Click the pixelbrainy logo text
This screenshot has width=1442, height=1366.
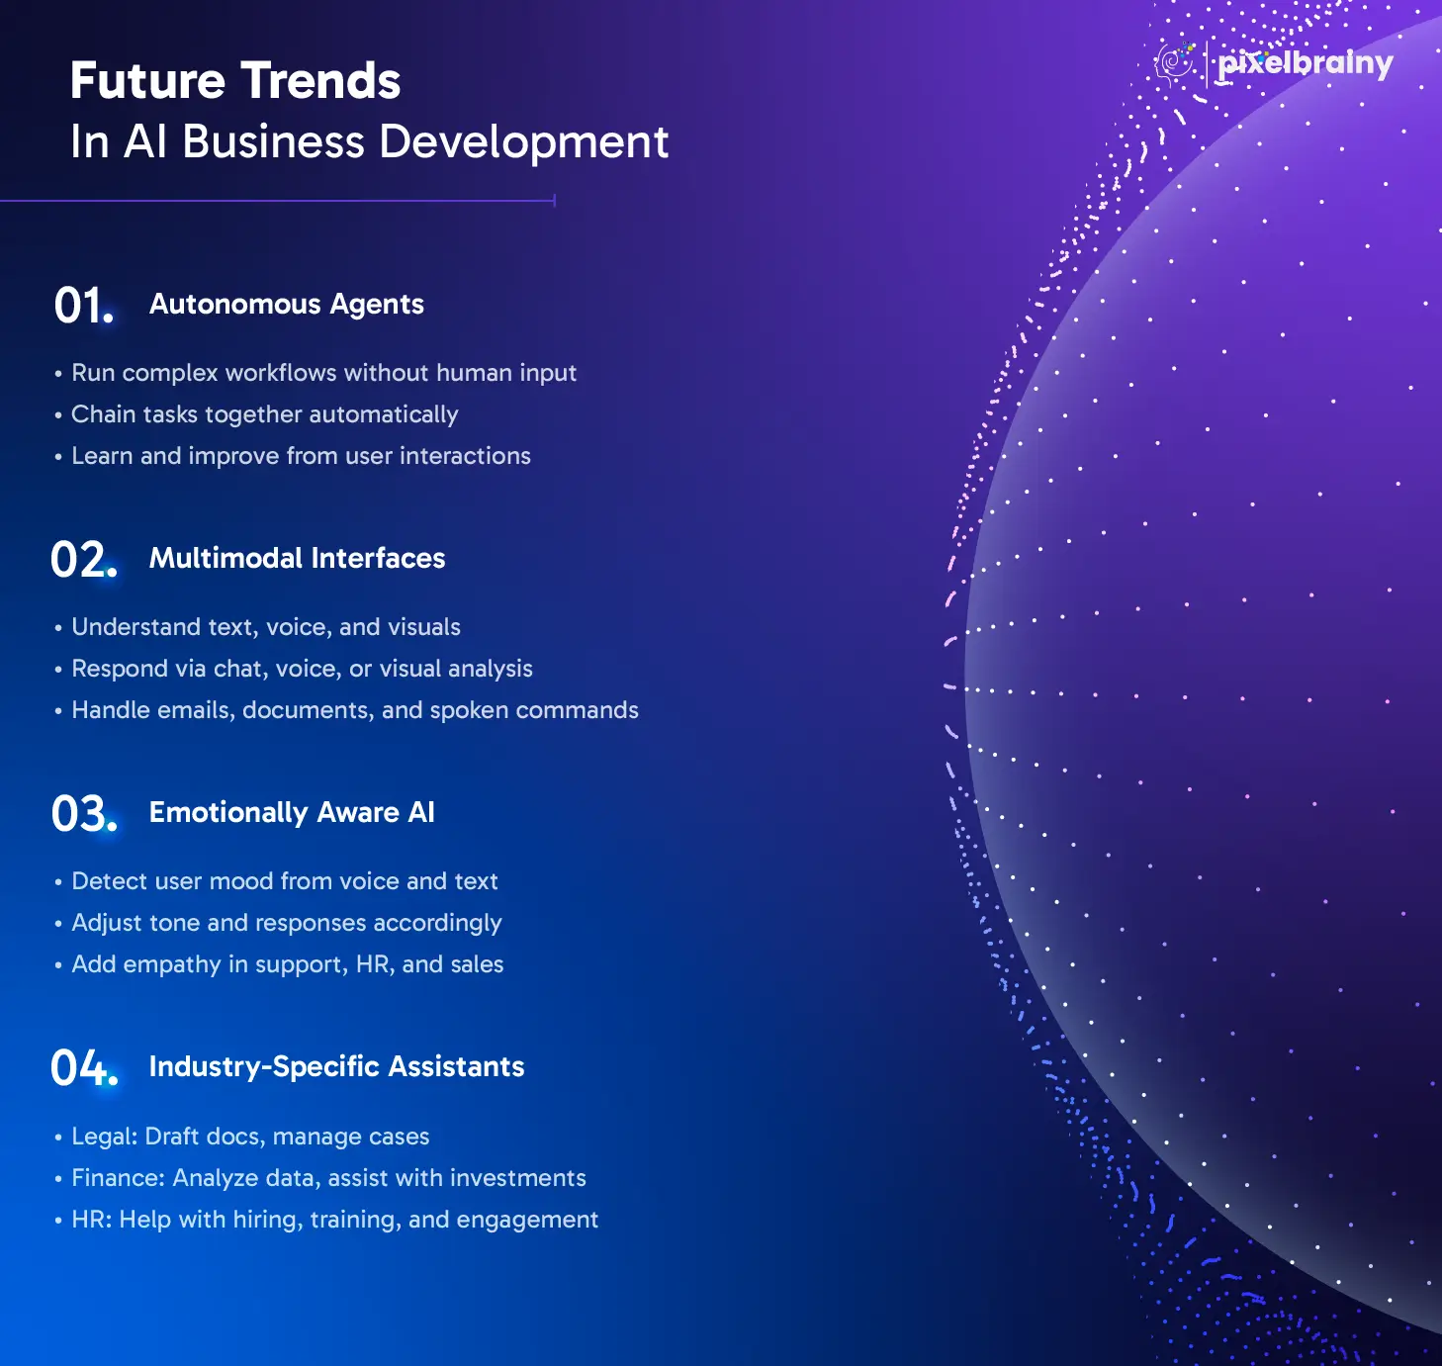click(1306, 64)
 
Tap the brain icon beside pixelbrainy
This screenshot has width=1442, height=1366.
click(1174, 64)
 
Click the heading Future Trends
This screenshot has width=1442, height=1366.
click(235, 80)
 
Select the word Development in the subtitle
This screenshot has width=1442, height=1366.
click(524, 141)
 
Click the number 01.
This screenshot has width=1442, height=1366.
click(84, 306)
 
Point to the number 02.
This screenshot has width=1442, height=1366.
click(84, 559)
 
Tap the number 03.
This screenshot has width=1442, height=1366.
click(84, 814)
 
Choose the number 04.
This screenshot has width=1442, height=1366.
click(84, 1067)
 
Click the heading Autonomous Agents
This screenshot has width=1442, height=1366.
click(287, 305)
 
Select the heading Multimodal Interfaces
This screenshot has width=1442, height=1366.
click(297, 558)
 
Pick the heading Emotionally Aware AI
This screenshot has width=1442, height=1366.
click(292, 813)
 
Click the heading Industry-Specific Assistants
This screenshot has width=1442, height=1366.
click(336, 1066)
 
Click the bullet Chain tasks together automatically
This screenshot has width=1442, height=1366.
click(265, 414)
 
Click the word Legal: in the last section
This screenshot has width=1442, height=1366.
click(105, 1137)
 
